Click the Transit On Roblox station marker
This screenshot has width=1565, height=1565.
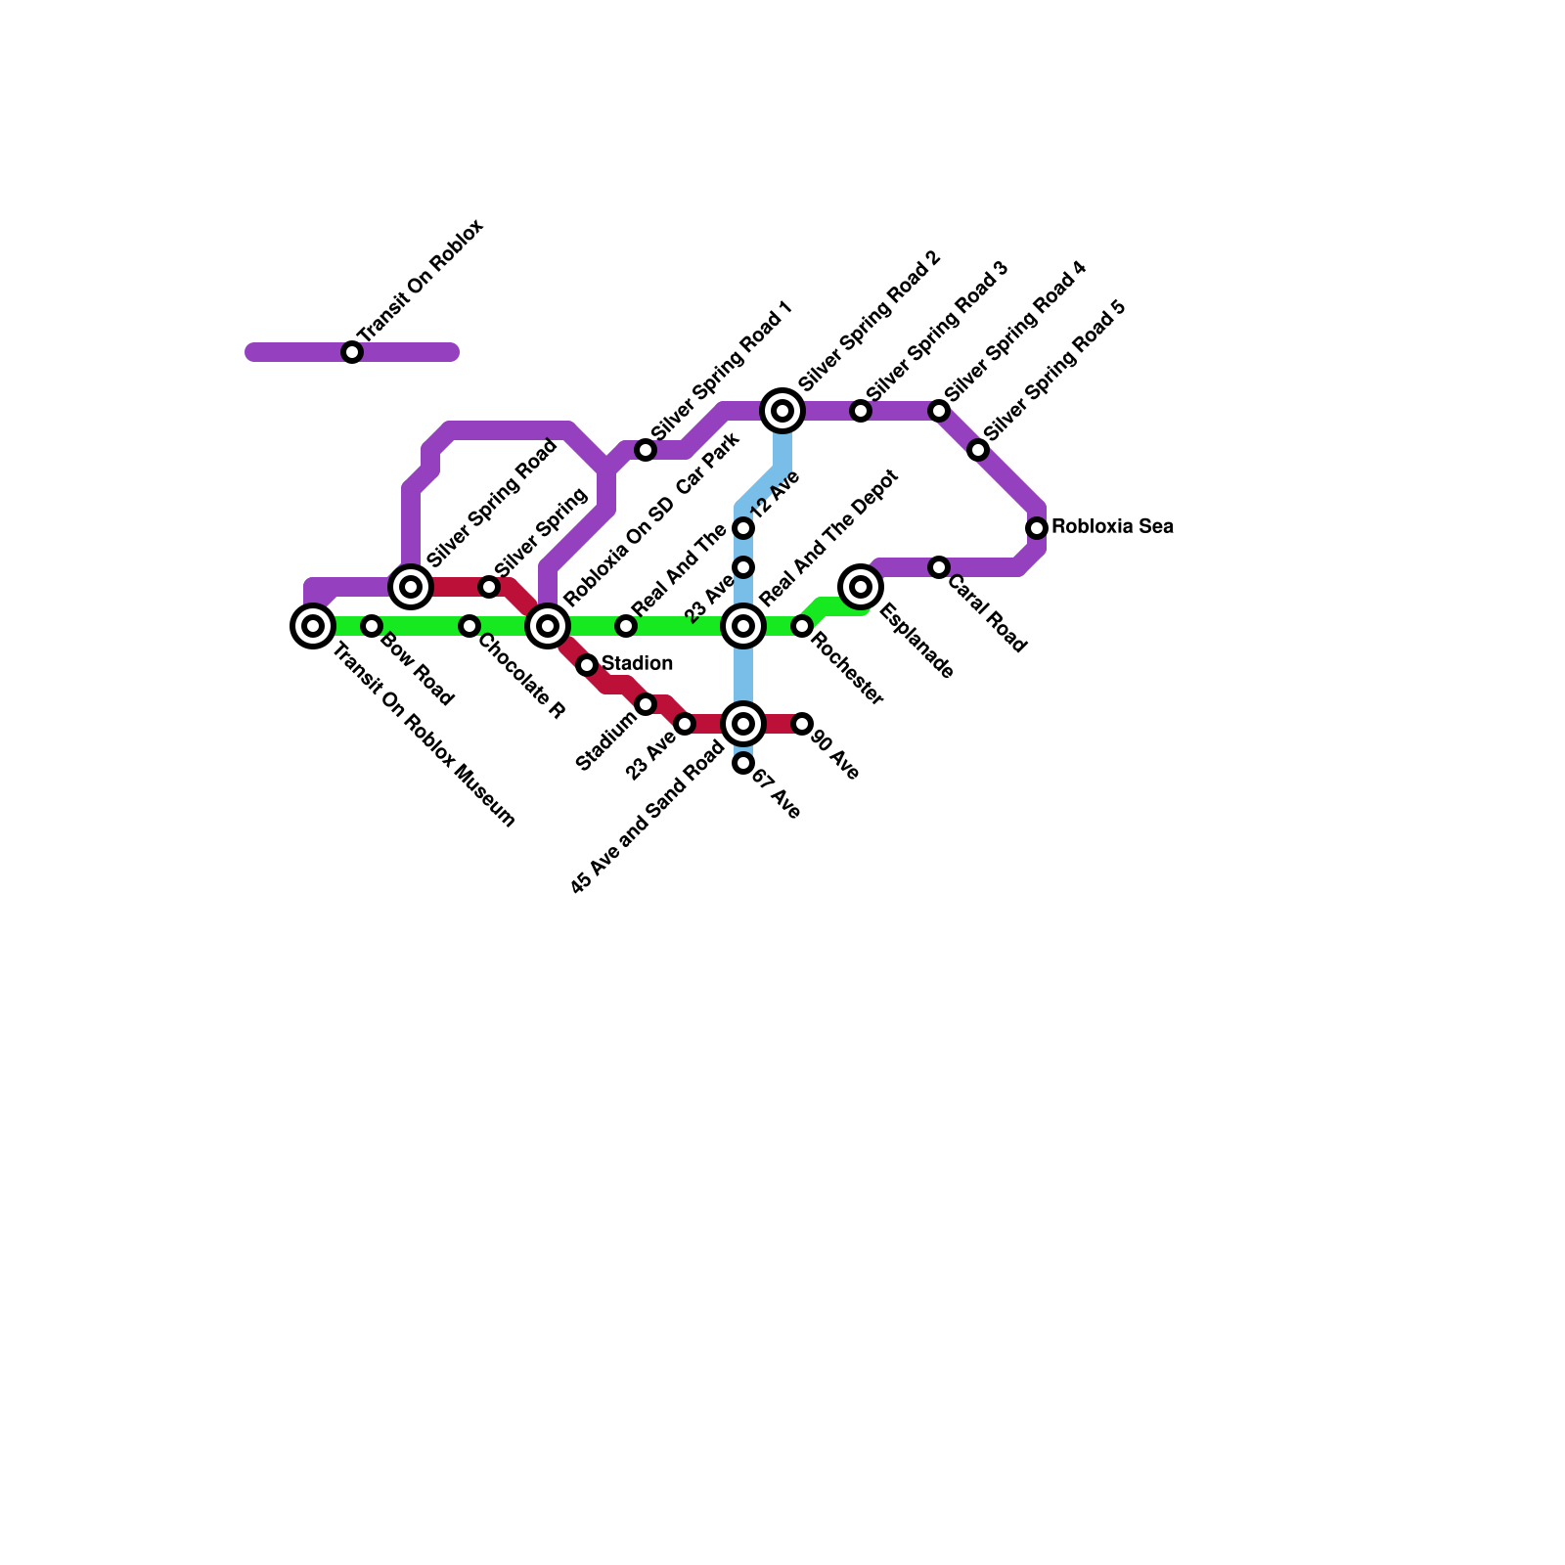[352, 352]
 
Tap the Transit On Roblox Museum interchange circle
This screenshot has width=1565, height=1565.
[313, 626]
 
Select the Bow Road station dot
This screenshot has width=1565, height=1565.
[372, 626]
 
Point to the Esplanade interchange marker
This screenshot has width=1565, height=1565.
[861, 587]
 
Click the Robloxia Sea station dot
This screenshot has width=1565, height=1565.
[1037, 528]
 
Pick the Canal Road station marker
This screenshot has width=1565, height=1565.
[939, 567]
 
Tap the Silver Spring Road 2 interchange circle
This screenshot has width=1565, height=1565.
[782, 411]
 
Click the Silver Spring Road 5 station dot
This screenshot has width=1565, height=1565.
[978, 450]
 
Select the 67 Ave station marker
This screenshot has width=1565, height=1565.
[743, 763]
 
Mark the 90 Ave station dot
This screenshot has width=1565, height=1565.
[802, 724]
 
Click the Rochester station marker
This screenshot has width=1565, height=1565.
[802, 626]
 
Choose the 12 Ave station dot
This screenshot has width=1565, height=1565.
[743, 528]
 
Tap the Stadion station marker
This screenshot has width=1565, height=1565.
[587, 665]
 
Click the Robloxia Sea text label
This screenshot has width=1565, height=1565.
[1112, 527]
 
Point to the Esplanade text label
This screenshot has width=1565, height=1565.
[917, 642]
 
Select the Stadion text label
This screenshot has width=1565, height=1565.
[637, 664]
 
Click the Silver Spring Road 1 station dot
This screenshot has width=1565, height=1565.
[646, 450]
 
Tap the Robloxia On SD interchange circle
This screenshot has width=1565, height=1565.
[548, 626]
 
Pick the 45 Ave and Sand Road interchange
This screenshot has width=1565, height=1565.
[743, 724]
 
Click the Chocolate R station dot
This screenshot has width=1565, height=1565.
[469, 626]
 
